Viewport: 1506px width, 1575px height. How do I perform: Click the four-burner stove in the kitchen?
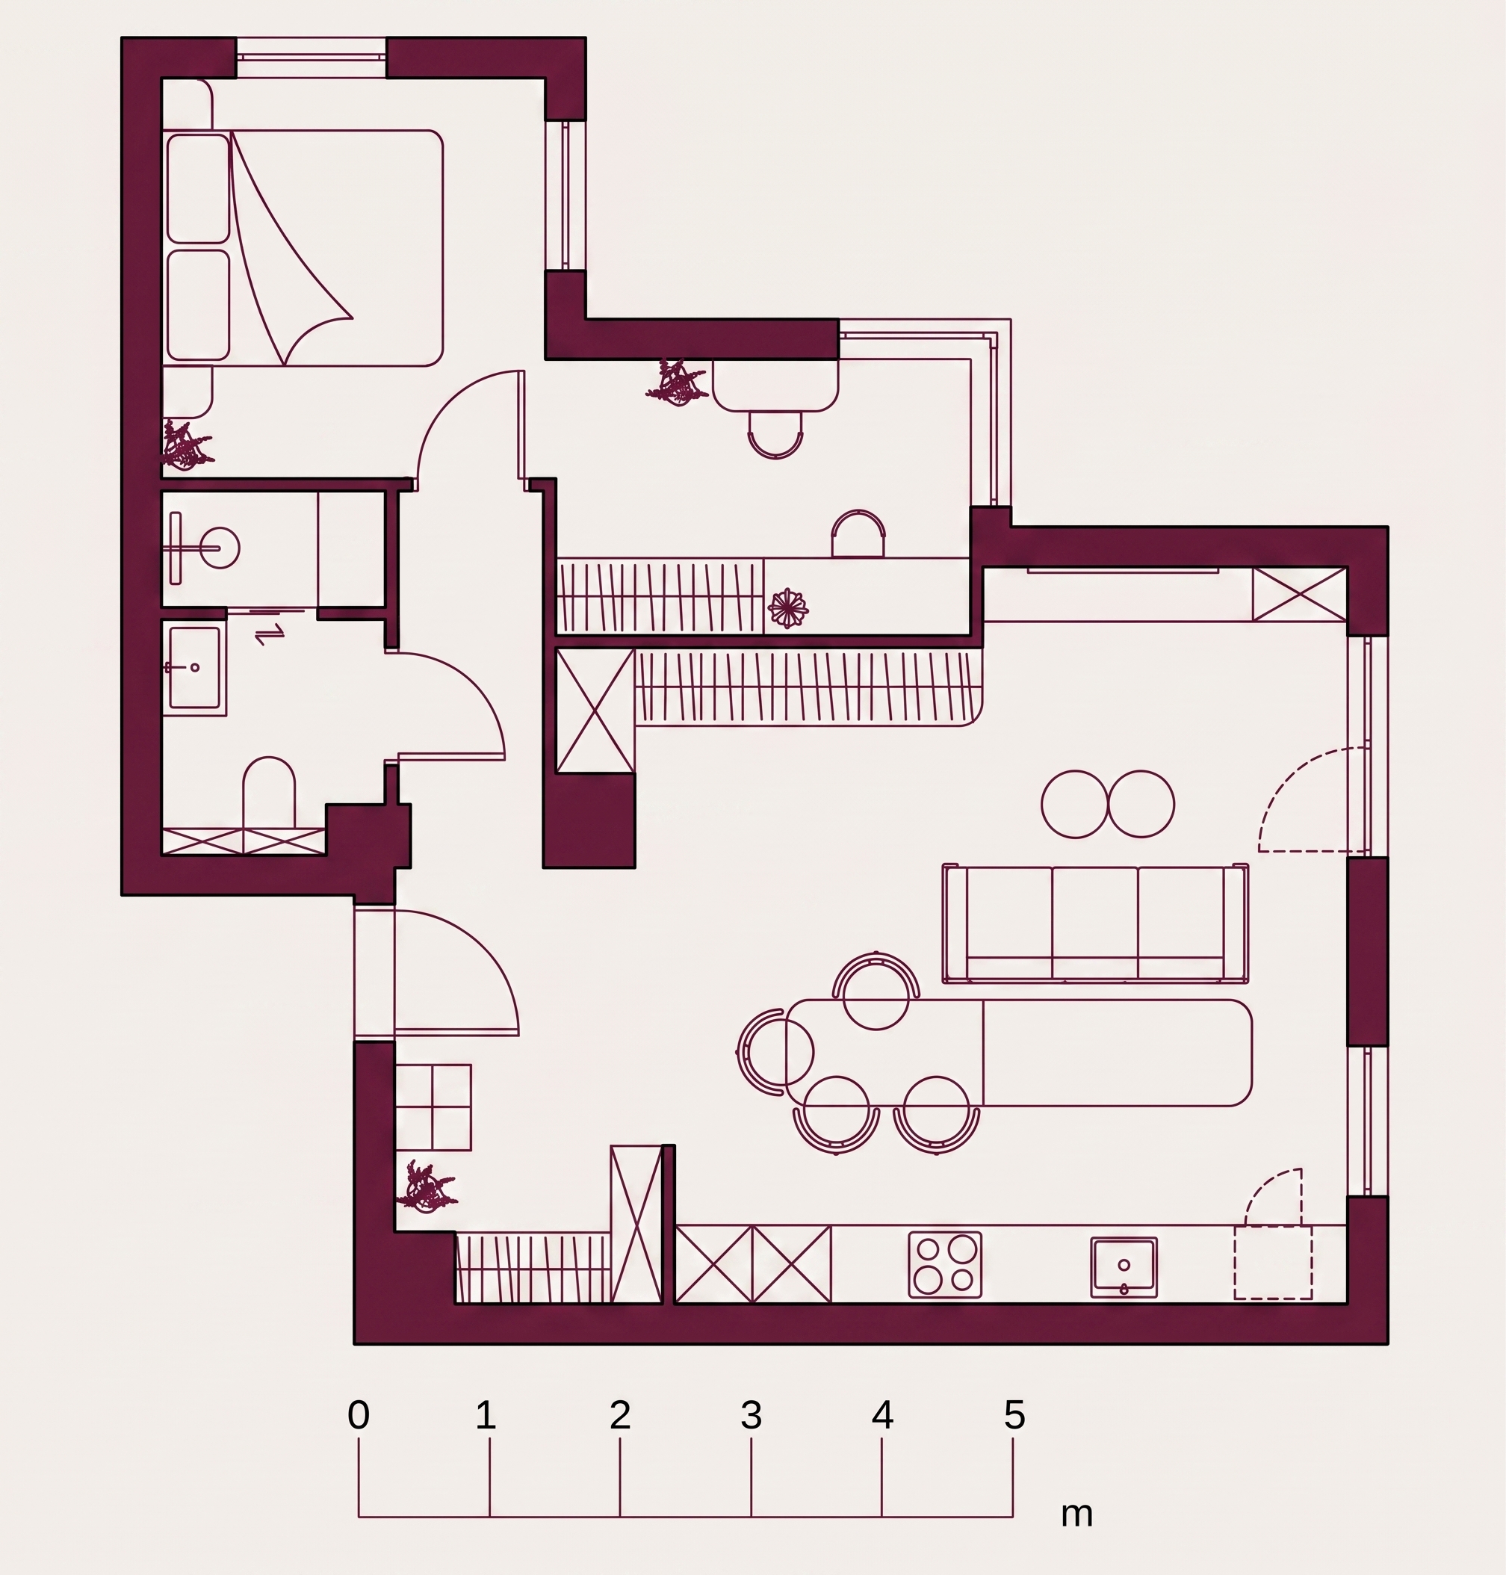pyautogui.click(x=945, y=1264)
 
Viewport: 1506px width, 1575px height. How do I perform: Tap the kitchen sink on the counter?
pyautogui.click(x=1124, y=1266)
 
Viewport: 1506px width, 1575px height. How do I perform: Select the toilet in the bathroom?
pyautogui.click(x=269, y=793)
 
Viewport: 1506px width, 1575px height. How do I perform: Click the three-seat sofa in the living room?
pyautogui.click(x=1096, y=923)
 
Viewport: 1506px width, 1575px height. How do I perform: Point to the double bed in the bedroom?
pyautogui.click(x=303, y=248)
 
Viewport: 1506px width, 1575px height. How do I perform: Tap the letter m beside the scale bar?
pyautogui.click(x=1076, y=1514)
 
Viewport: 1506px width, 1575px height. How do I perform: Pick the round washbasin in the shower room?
pyautogui.click(x=217, y=548)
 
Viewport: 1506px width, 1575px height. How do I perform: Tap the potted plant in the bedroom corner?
pyautogui.click(x=187, y=444)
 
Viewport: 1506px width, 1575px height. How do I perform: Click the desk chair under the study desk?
pyautogui.click(x=775, y=434)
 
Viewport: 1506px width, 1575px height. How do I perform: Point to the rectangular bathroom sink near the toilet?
pyautogui.click(x=194, y=668)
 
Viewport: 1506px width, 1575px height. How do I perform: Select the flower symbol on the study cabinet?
pyautogui.click(x=787, y=607)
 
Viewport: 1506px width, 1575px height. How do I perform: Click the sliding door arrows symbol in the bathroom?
pyautogui.click(x=270, y=634)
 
